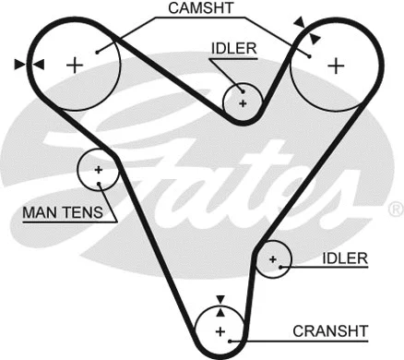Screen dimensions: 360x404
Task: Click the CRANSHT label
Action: coord(329,330)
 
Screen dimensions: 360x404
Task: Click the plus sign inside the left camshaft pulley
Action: coord(75,64)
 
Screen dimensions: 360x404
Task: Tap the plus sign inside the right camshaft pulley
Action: coord(337,65)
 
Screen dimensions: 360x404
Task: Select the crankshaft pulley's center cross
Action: coord(220,331)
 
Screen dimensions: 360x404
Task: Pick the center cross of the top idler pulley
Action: coord(244,102)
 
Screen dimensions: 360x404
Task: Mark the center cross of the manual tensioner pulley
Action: coord(98,170)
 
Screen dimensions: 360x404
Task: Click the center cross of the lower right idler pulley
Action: coord(272,261)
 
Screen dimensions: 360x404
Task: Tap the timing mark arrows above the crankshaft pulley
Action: coord(220,300)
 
